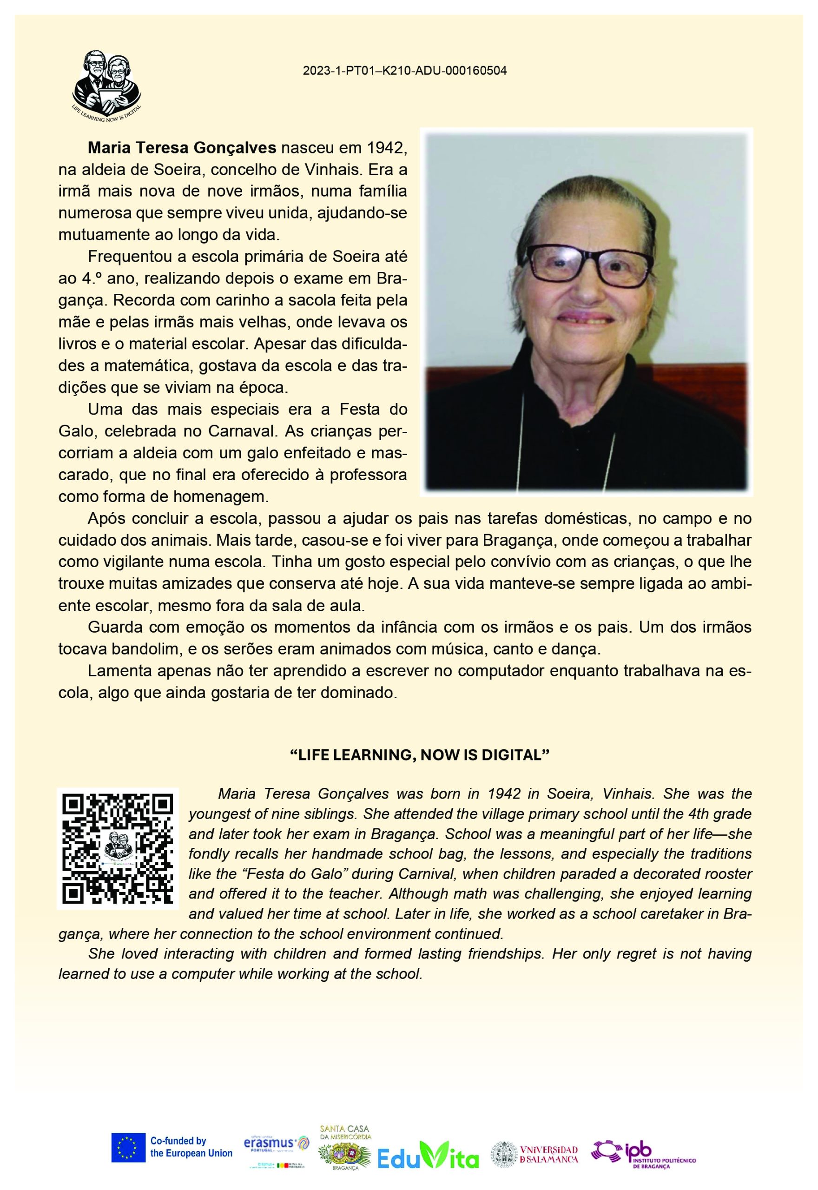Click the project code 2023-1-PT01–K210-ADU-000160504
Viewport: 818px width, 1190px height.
tap(404, 71)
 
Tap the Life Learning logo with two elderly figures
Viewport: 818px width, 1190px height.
tap(106, 84)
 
